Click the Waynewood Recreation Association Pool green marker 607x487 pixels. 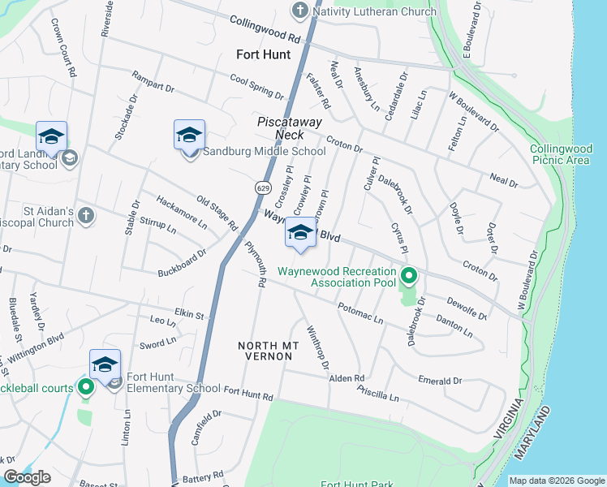409,277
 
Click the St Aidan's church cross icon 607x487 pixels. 87,216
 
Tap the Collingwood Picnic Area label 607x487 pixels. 560,154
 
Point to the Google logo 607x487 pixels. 27,477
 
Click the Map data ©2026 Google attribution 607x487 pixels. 557,481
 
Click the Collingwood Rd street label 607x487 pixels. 265,30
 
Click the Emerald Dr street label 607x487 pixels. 440,380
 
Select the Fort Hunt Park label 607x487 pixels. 357,485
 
